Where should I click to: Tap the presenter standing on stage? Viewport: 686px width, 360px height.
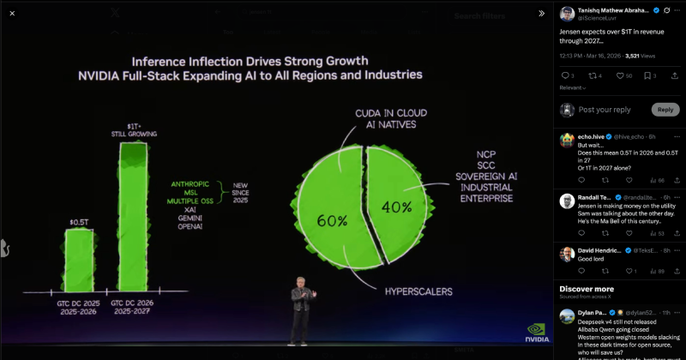point(300,312)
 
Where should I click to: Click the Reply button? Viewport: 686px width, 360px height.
point(665,109)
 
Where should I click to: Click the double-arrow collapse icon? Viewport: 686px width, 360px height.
point(541,13)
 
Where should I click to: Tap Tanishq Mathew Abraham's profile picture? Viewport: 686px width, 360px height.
point(567,13)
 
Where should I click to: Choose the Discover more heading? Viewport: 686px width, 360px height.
point(587,288)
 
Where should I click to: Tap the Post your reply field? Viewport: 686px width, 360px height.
point(605,110)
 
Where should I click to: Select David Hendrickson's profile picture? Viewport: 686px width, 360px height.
point(567,254)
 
